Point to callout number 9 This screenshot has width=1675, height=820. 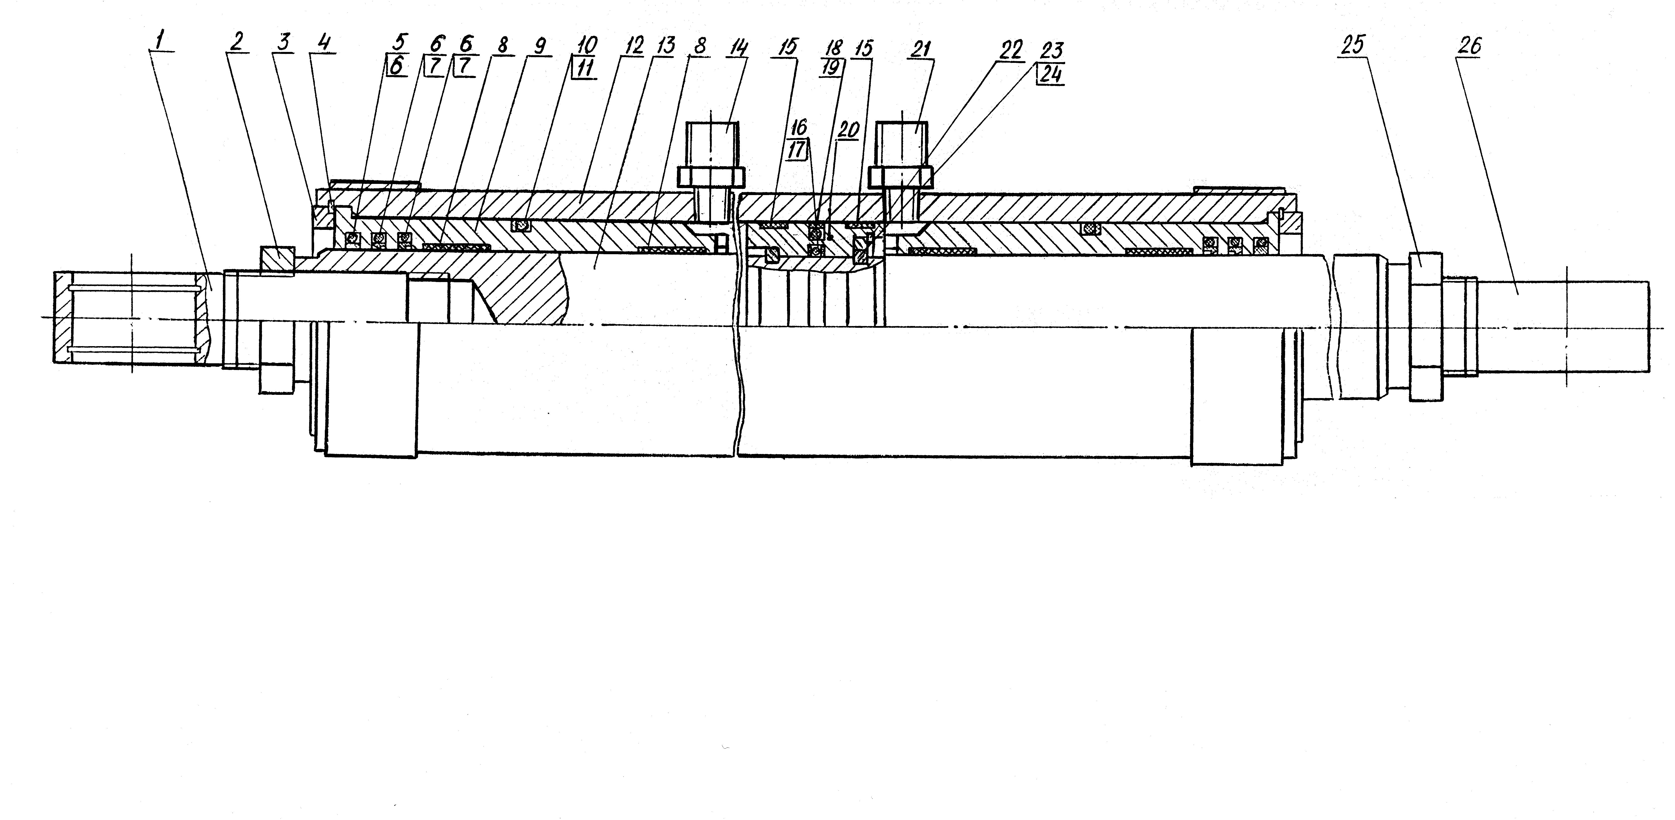click(539, 45)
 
